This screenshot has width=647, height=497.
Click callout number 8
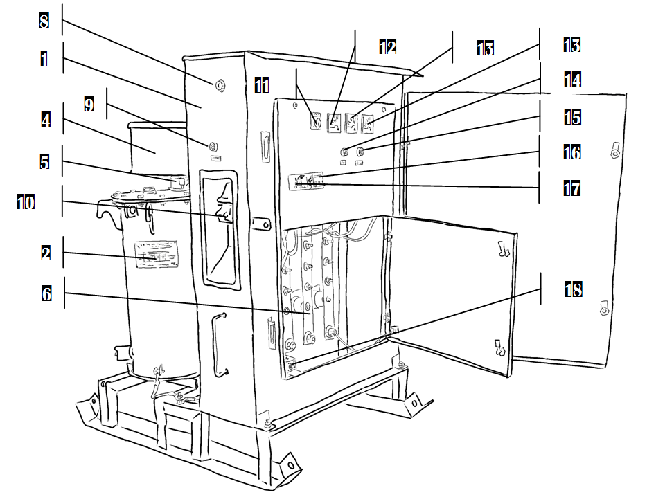[x=44, y=19]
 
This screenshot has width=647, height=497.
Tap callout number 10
[x=26, y=202]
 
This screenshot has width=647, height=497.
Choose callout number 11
[x=261, y=84]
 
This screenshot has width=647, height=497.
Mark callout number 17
[x=571, y=188]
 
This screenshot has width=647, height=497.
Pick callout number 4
[x=45, y=120]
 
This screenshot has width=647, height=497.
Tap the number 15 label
[x=571, y=116]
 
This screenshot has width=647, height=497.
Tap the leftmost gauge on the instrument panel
[x=316, y=122]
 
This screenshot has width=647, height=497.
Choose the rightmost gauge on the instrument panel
[x=368, y=125]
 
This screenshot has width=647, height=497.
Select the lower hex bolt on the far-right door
[x=604, y=307]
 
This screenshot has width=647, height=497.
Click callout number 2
[x=46, y=253]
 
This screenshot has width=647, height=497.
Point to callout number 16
[x=571, y=152]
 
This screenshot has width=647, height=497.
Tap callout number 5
[x=45, y=161]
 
